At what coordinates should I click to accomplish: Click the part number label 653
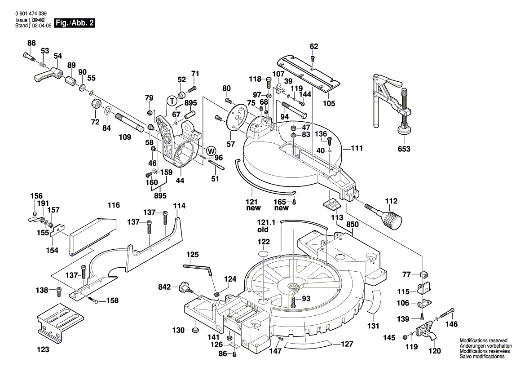(x=404, y=149)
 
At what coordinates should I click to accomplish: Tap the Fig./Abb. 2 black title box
(x=74, y=23)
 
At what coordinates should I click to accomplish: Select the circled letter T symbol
(x=172, y=101)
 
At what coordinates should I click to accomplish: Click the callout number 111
(x=357, y=148)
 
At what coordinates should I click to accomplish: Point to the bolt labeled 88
(x=29, y=56)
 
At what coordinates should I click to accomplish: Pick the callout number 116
(x=114, y=205)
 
